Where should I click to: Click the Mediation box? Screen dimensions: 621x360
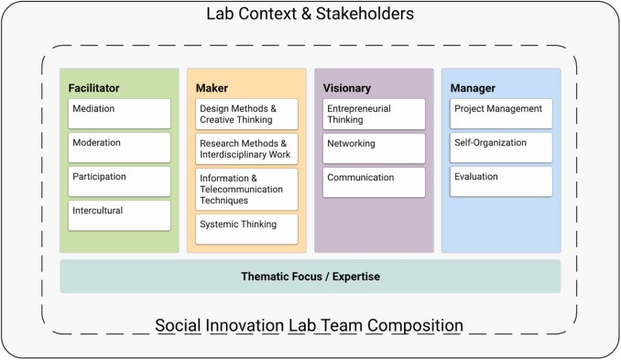(x=119, y=114)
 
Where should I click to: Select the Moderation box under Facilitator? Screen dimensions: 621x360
(x=119, y=147)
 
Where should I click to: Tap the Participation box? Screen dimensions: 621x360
(x=119, y=181)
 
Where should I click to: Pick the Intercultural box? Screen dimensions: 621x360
(x=119, y=216)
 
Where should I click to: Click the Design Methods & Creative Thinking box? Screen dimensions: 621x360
(x=246, y=115)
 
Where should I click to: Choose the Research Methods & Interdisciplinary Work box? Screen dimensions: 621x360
(x=246, y=149)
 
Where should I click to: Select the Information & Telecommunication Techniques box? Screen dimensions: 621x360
(x=246, y=190)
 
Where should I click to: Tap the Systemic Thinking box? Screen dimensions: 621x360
(x=246, y=230)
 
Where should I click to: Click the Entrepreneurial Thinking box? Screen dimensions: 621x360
(x=374, y=115)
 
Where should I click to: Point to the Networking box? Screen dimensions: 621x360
(x=374, y=148)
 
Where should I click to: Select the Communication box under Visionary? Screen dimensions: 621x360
(x=374, y=182)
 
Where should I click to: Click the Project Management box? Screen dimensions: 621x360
(x=501, y=114)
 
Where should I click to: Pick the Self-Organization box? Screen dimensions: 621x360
(x=501, y=147)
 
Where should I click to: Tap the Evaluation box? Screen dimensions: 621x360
(x=501, y=181)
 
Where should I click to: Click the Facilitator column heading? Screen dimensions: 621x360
(x=93, y=88)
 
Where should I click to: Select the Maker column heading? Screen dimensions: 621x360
(x=212, y=88)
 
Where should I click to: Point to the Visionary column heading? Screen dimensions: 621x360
(x=347, y=88)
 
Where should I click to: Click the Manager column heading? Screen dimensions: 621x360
(x=473, y=88)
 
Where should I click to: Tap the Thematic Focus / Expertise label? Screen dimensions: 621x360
(x=310, y=277)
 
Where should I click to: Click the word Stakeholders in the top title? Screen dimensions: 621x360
(x=365, y=14)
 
